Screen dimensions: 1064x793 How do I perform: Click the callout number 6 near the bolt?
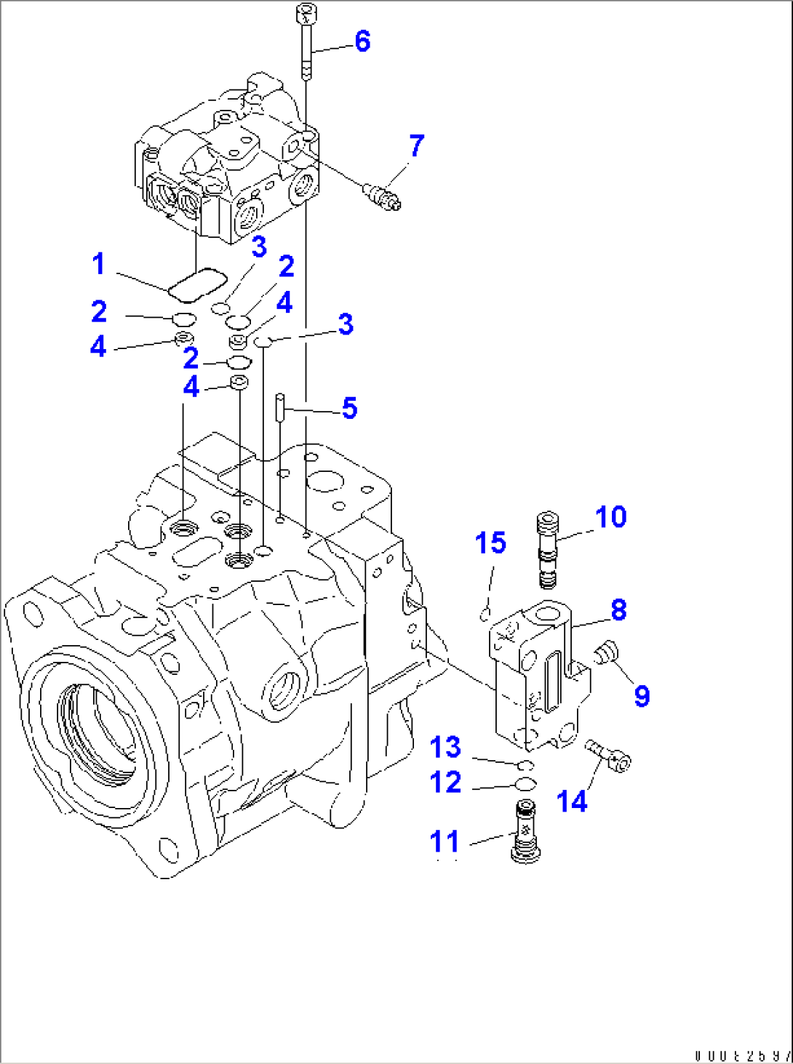click(x=362, y=41)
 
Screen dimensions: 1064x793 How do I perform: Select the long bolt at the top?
click(x=306, y=40)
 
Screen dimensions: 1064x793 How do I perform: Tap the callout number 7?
click(x=416, y=145)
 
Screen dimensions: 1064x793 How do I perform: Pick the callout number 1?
click(x=99, y=264)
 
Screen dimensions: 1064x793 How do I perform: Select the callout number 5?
click(x=349, y=408)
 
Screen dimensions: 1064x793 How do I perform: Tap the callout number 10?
click(x=610, y=517)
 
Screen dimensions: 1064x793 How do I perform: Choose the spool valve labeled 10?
click(x=548, y=549)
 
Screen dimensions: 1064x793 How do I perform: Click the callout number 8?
click(x=618, y=609)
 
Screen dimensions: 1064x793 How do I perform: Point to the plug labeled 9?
click(x=605, y=651)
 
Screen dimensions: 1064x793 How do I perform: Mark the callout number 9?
click(x=642, y=696)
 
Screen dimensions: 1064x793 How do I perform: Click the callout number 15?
click(x=490, y=543)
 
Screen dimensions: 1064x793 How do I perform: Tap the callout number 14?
click(x=571, y=801)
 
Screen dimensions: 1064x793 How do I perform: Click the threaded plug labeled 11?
click(x=525, y=832)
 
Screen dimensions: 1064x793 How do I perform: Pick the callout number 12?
click(x=445, y=783)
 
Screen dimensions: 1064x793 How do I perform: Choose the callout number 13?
click(x=445, y=747)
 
